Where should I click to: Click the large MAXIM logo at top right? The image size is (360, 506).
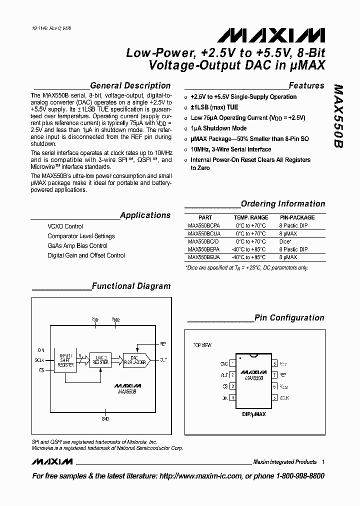tap(270, 35)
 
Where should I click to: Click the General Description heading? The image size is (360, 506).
tap(130, 85)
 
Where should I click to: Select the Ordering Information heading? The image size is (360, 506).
tap(283, 203)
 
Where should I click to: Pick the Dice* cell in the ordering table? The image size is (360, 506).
tap(286, 241)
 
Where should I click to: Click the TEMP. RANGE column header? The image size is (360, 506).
tap(251, 217)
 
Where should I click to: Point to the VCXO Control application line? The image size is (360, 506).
tap(65, 226)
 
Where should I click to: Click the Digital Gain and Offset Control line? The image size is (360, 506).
tap(86, 255)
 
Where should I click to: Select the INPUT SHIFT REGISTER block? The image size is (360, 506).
tap(66, 360)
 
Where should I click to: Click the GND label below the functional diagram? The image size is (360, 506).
tap(105, 418)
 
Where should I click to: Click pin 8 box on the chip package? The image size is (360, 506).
tap(274, 364)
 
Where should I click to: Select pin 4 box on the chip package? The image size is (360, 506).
tap(232, 398)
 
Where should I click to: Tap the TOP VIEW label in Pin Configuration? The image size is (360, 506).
tap(202, 345)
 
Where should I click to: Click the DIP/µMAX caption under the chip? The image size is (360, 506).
tap(253, 415)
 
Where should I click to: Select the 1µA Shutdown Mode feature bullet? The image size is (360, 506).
tap(218, 128)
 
